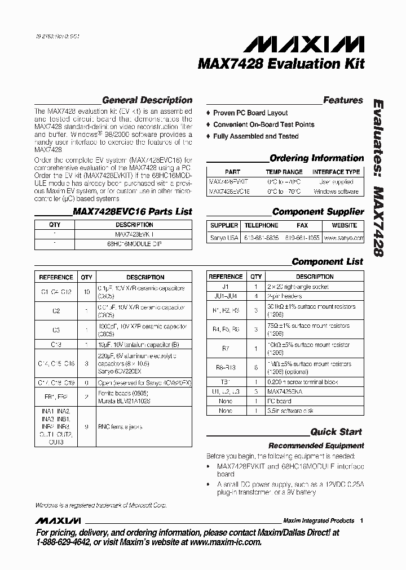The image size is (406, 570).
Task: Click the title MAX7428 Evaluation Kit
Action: [281, 64]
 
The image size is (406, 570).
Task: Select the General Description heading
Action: [147, 100]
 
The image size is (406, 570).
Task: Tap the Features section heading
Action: [343, 100]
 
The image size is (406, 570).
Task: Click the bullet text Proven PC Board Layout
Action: [250, 113]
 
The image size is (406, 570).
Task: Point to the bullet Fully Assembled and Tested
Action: [255, 136]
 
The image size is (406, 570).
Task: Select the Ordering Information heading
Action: [316, 158]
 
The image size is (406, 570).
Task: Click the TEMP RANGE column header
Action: [284, 172]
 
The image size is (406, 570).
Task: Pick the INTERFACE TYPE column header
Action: [336, 172]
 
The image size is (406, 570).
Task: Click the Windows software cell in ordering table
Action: [336, 192]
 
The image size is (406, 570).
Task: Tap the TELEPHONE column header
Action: [261, 225]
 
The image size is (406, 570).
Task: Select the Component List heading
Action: [327, 261]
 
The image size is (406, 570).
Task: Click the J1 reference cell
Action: [226, 286]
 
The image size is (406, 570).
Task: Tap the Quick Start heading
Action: [337, 432]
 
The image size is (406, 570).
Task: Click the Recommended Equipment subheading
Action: [316, 446]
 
